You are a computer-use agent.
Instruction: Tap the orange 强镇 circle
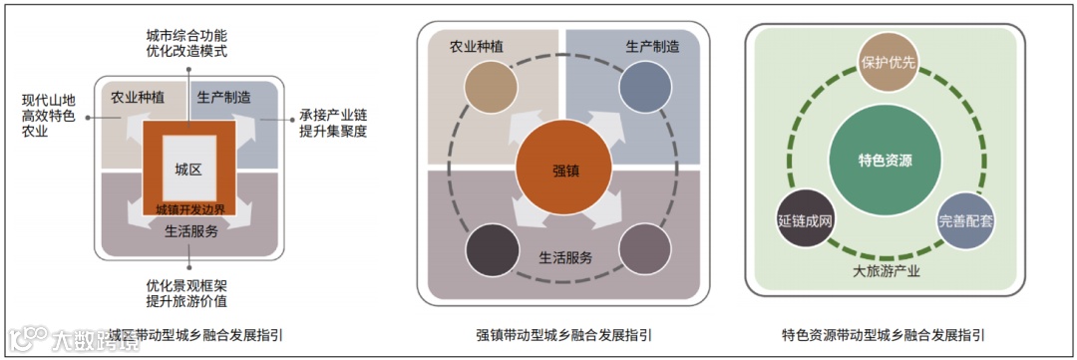pyautogui.click(x=564, y=170)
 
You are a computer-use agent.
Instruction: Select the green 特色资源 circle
pyautogui.click(x=885, y=160)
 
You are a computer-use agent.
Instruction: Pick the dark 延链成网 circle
pyautogui.click(x=804, y=217)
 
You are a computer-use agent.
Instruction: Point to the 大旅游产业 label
pyautogui.click(x=886, y=270)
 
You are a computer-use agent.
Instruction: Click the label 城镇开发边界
pyautogui.click(x=189, y=209)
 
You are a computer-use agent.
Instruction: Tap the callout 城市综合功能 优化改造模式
pyautogui.click(x=186, y=44)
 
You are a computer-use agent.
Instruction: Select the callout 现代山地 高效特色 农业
pyautogui.click(x=50, y=116)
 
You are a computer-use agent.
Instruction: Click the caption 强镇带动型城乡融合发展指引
pyautogui.click(x=564, y=333)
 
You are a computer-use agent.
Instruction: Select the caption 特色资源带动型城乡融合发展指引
pyautogui.click(x=885, y=333)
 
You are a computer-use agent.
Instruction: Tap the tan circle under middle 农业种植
pyautogui.click(x=489, y=87)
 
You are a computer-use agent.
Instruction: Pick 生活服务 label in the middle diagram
pyautogui.click(x=565, y=257)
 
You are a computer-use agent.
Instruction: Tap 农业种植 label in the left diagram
pyautogui.click(x=138, y=97)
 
